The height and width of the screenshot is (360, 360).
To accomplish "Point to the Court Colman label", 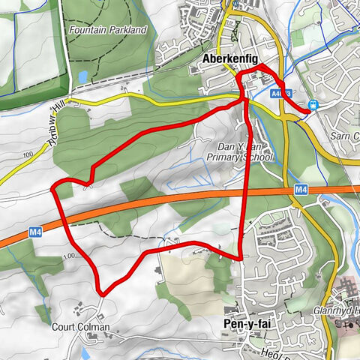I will coord(81,327).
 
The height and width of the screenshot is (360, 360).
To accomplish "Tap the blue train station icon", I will coord(313,105).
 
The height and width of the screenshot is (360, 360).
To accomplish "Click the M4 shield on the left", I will coord(35,232).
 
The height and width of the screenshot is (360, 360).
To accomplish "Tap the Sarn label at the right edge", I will coord(346,136).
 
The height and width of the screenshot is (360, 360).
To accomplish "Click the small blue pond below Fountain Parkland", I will coord(81,76).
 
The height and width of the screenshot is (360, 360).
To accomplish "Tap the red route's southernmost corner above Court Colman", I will coord(102,293).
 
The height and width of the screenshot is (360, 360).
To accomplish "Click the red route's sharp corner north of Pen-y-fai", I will coord(241,259).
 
